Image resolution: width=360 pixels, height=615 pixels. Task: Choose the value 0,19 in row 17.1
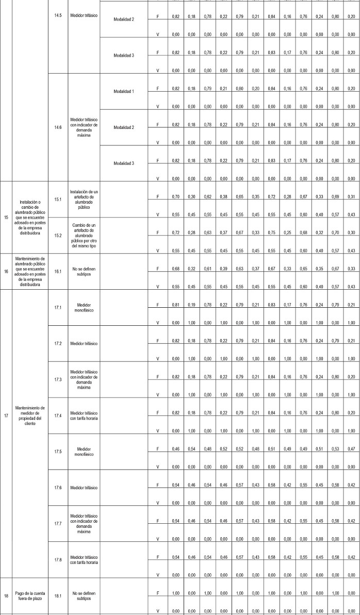click(x=192, y=305)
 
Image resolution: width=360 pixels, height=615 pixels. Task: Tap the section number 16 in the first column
click(x=6, y=269)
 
